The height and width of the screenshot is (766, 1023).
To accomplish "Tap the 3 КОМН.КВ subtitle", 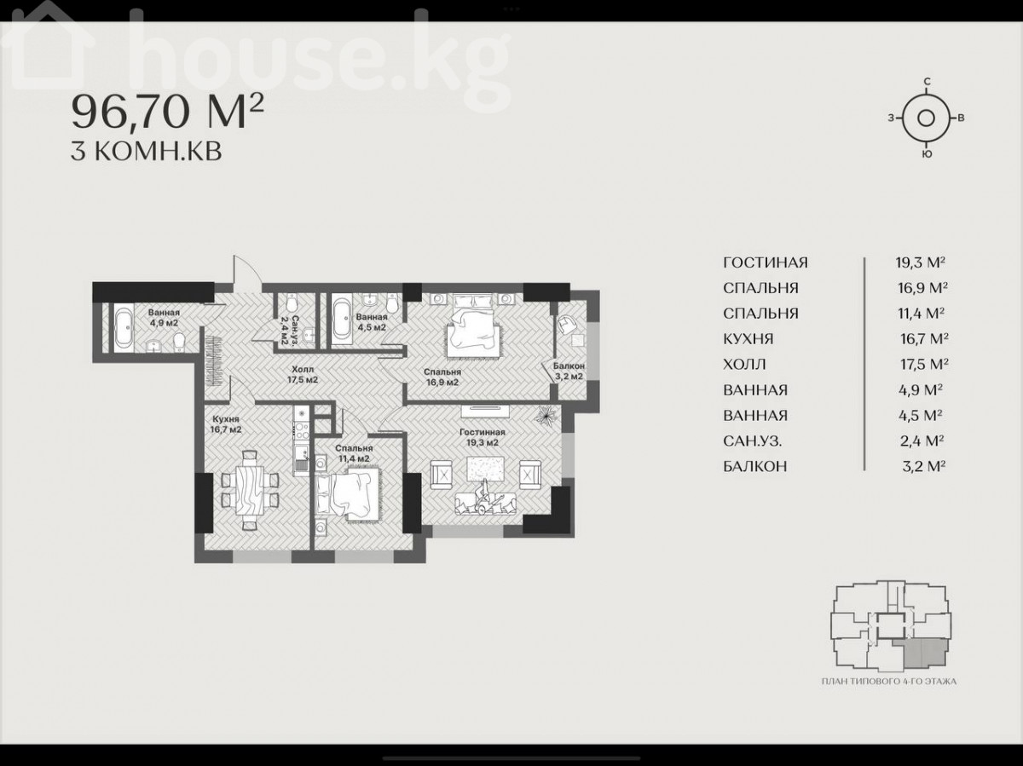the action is click(x=147, y=152).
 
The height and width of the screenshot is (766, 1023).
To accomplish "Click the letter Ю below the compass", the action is click(x=927, y=154).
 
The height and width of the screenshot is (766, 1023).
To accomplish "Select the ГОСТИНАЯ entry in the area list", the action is click(x=766, y=262).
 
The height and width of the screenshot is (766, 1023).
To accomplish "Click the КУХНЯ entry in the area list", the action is click(x=748, y=339).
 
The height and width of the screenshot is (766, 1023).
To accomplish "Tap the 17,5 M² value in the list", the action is click(x=924, y=364).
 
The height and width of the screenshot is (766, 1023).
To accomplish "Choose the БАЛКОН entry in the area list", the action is click(x=755, y=466).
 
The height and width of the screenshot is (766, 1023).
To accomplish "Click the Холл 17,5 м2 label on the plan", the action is click(x=303, y=374).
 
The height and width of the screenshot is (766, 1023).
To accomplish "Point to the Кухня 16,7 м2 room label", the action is click(x=226, y=423).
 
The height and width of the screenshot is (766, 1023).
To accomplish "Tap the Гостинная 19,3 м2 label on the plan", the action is click(x=483, y=437).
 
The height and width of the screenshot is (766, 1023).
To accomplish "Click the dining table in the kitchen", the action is click(x=250, y=489).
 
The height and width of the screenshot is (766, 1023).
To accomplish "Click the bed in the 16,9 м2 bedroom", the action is click(x=472, y=325).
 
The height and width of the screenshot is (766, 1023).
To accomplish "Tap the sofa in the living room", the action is click(x=485, y=504).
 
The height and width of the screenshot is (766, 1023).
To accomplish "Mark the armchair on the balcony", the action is click(x=567, y=324).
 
